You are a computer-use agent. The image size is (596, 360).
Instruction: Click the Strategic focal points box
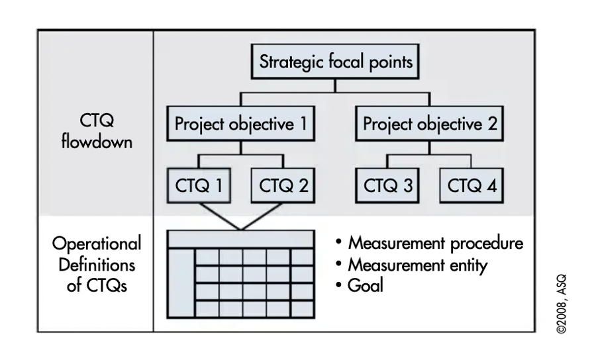point(336,64)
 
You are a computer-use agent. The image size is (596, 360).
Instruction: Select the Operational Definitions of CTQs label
point(96,265)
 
